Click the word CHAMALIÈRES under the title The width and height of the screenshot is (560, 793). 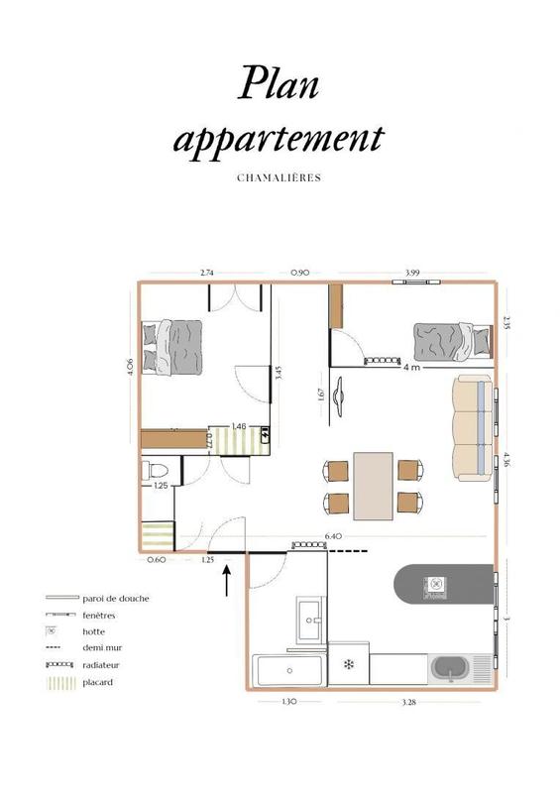pyautogui.click(x=279, y=178)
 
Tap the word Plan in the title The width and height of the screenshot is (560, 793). pyautogui.click(x=279, y=83)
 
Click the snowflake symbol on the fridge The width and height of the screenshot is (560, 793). pyautogui.click(x=348, y=663)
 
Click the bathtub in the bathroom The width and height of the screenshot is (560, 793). pyautogui.click(x=288, y=671)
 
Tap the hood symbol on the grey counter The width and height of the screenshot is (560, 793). pyautogui.click(x=434, y=584)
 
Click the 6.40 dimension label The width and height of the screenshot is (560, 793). pyautogui.click(x=333, y=537)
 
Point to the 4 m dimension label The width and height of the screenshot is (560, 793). pyautogui.click(x=410, y=367)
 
